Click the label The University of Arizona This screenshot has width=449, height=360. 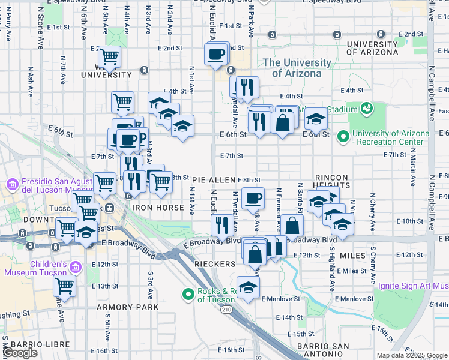(x=297, y=68)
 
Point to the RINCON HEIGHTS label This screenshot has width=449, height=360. (x=331, y=183)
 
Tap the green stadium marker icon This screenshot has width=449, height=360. (x=366, y=109)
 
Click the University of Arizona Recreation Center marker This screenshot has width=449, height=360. (x=343, y=137)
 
